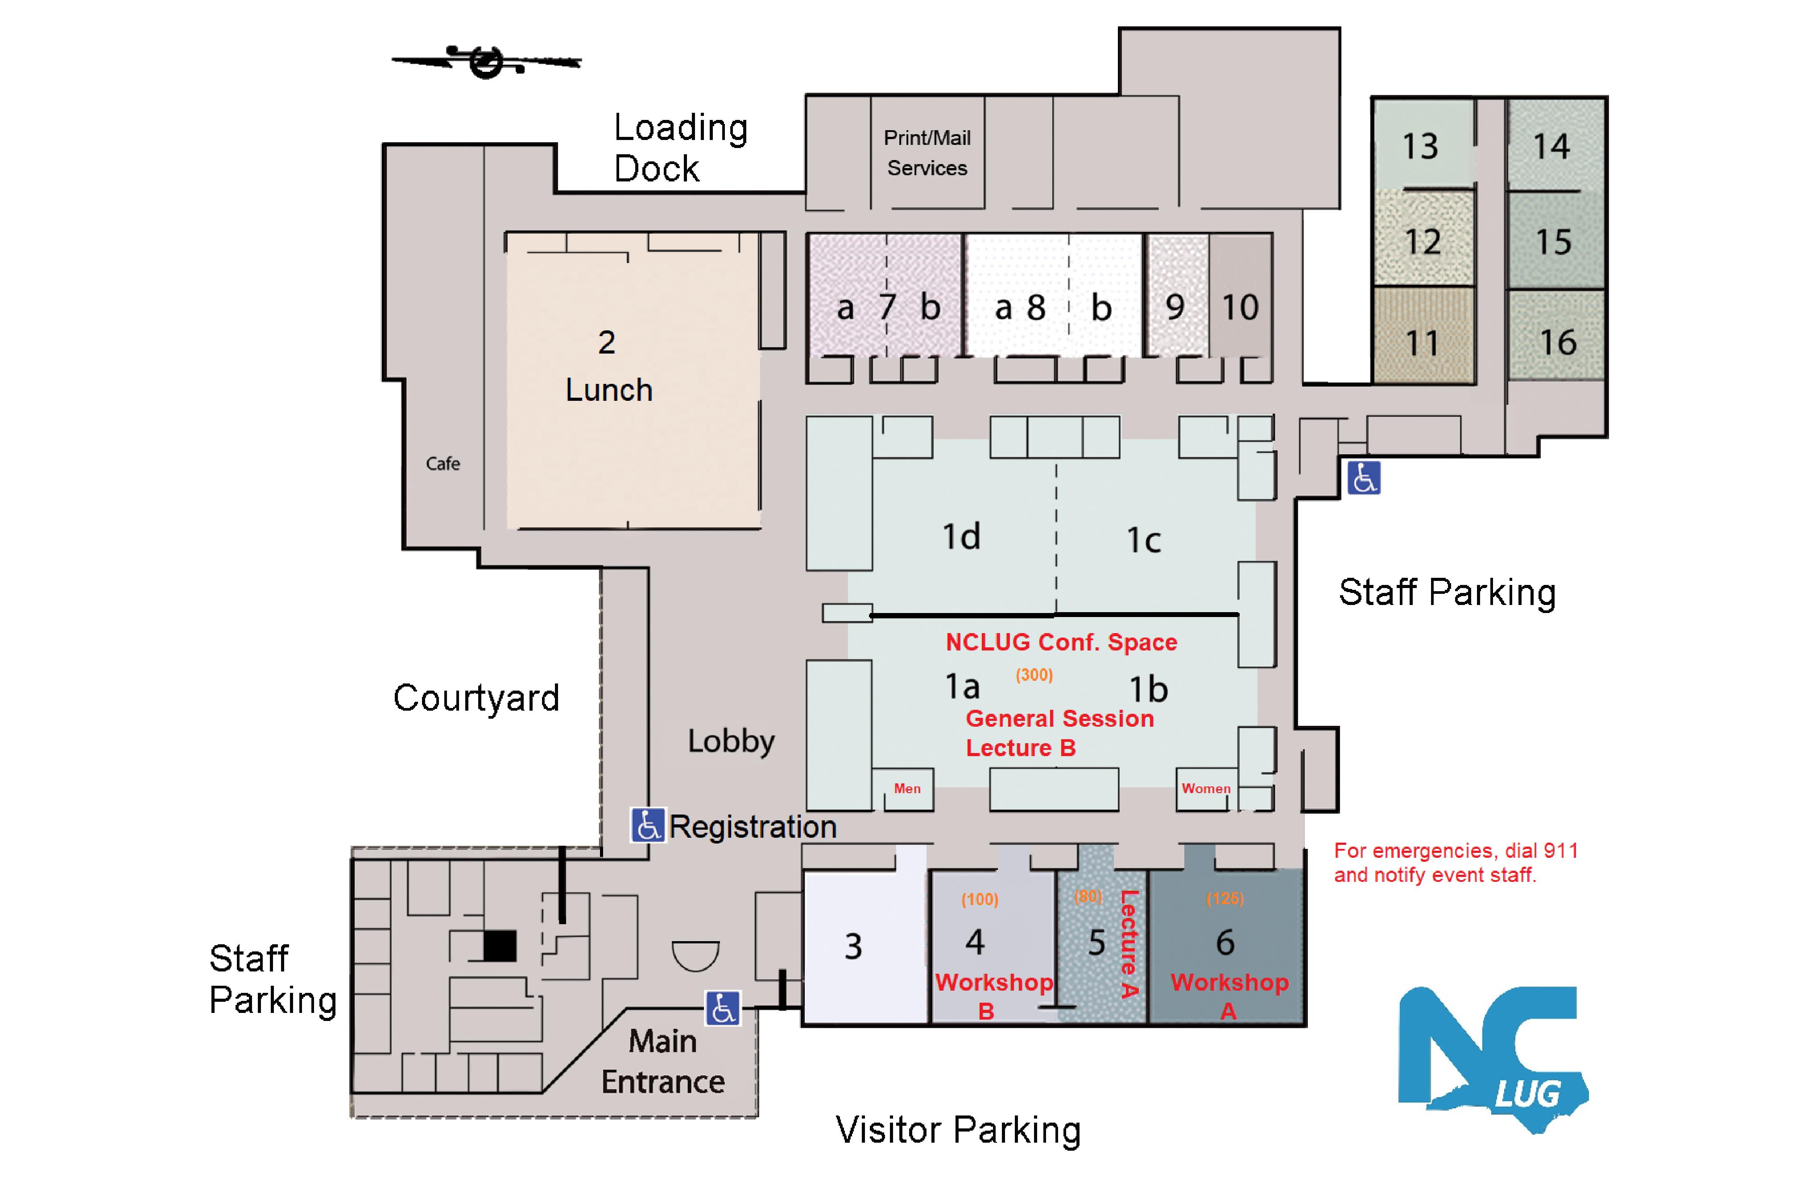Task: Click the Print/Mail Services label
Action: click(x=927, y=153)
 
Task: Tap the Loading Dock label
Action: click(x=679, y=148)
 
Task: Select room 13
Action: click(x=1420, y=145)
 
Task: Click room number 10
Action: click(x=1240, y=307)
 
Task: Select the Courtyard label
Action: click(x=476, y=698)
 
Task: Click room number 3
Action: click(x=853, y=946)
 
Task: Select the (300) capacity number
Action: click(x=1034, y=675)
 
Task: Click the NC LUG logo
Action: click(x=1491, y=1058)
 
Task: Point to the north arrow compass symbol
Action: click(x=486, y=61)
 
